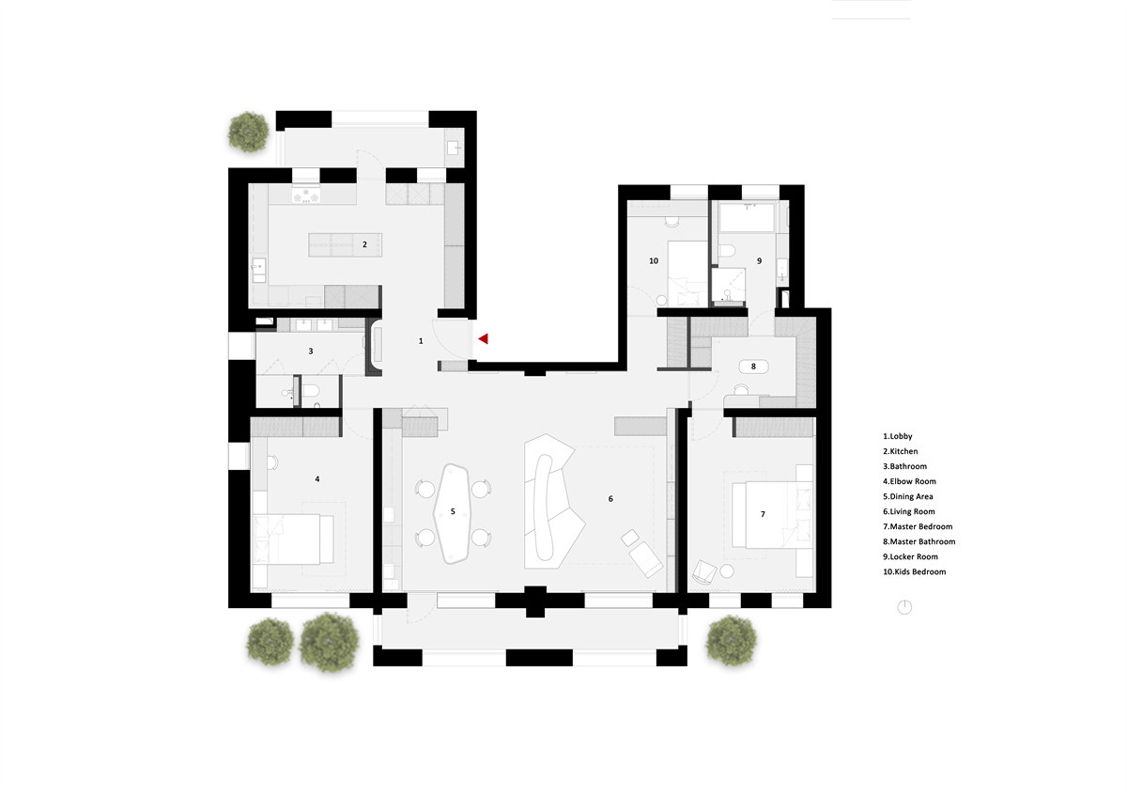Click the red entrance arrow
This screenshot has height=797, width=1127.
[x=484, y=339]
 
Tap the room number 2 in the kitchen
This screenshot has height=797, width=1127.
[x=364, y=244]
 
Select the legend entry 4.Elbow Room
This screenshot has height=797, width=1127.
[x=909, y=481]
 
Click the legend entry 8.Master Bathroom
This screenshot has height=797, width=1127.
[x=919, y=541]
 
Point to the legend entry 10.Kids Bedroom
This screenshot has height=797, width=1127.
[x=914, y=572]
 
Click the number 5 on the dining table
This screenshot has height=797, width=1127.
[x=453, y=511]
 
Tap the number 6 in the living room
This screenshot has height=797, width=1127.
[x=610, y=498]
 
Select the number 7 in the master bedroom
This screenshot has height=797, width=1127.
[x=763, y=514]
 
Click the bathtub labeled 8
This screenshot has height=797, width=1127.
[x=753, y=367]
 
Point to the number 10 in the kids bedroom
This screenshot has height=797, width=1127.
[x=654, y=260]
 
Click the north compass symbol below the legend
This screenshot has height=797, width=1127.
[x=904, y=607]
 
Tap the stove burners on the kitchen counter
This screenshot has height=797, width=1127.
[x=306, y=195]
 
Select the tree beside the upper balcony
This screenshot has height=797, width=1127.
[x=248, y=132]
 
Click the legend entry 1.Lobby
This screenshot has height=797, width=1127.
[x=897, y=436]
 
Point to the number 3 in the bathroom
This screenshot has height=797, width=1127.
[x=311, y=351]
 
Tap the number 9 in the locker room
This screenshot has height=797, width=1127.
[x=759, y=260]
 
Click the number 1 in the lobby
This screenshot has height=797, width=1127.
[x=421, y=341]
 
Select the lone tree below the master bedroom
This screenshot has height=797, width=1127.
[x=731, y=640]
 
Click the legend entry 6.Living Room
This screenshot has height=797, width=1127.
[x=909, y=511]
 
